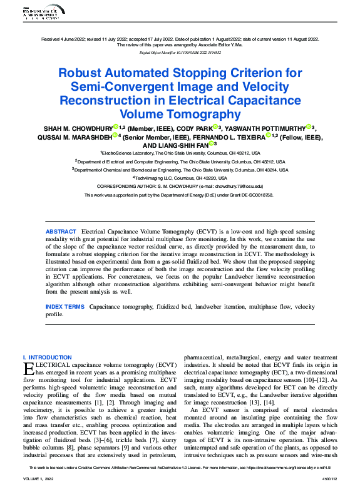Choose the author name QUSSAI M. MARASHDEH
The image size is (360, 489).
pos(78,136)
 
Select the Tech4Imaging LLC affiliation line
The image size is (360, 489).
pos(180,177)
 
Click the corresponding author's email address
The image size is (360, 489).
pos(241,186)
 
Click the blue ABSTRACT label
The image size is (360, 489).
pos(61,232)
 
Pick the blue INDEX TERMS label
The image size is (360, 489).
pos(64,307)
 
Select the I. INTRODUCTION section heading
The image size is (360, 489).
pos(47,358)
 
